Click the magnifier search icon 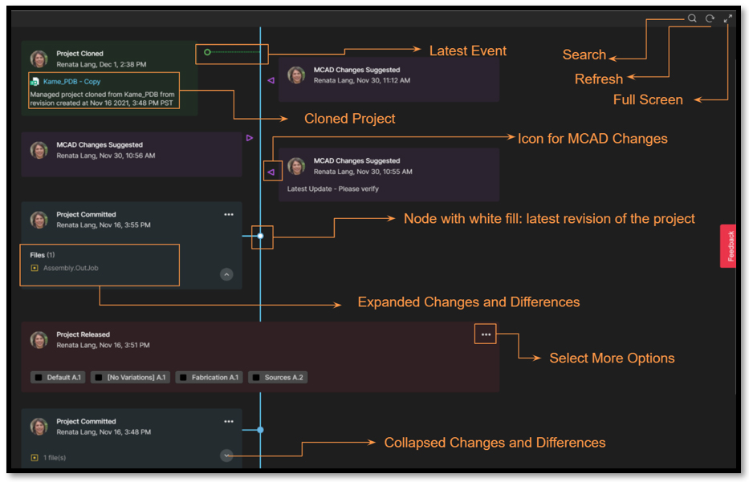coord(691,18)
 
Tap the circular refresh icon coord(710,18)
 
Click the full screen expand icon coord(728,18)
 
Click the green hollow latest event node coord(207,53)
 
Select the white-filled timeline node coord(260,236)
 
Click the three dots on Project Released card coord(486,334)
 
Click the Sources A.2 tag coord(278,377)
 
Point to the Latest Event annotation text coord(468,51)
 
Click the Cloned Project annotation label coord(349,119)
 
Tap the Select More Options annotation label coord(612,358)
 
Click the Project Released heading coord(83,334)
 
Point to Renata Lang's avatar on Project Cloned coord(39,59)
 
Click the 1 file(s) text coord(55,458)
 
